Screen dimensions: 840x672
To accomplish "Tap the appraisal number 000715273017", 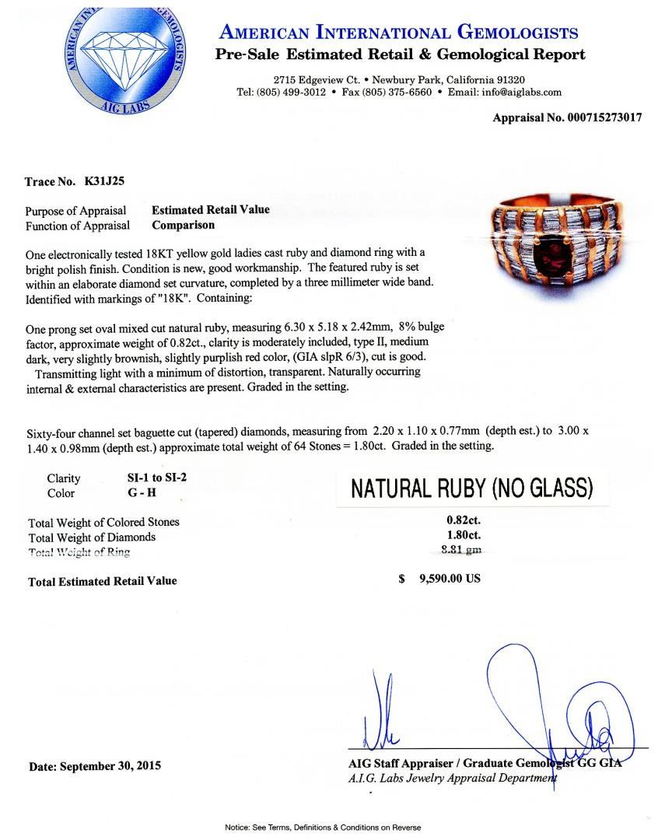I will [x=603, y=117].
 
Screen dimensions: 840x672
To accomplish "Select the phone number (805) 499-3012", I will [x=291, y=92].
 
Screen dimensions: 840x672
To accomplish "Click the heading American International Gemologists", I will [x=399, y=33].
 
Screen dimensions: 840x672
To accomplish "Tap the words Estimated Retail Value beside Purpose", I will [x=211, y=210].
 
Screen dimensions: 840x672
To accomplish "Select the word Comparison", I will [x=183, y=226].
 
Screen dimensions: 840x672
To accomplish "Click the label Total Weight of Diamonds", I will [x=92, y=537].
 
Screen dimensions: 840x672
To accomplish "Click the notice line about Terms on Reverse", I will [x=335, y=827].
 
